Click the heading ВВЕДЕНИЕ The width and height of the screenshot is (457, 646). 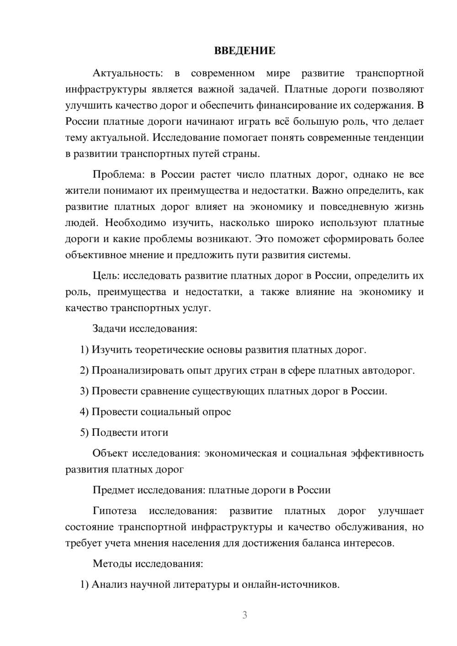pos(244,51)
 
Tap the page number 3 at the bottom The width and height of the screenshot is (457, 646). pos(244,615)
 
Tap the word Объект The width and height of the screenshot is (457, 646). pos(110,453)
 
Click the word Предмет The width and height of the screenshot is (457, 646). pos(113,490)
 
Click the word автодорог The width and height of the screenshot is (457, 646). pos(392,371)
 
